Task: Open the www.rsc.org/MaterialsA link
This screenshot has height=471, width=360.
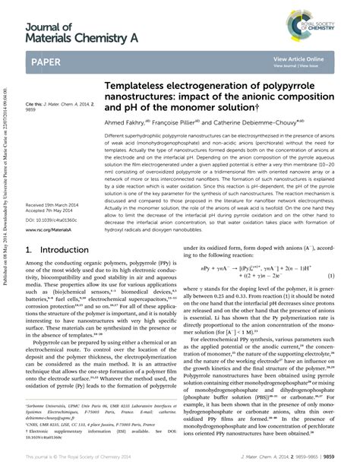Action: tap(48, 229)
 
